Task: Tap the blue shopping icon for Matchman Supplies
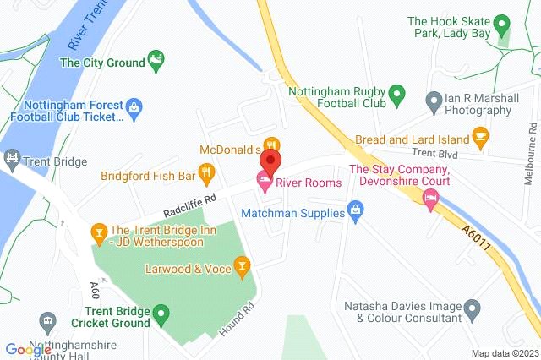tap(357, 209)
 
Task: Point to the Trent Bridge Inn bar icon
tap(99, 231)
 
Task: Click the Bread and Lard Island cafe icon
tap(480, 134)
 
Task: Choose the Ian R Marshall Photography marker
tap(434, 99)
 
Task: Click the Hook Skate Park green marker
tap(501, 24)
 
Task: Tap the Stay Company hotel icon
tap(430, 199)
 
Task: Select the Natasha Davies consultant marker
tap(473, 306)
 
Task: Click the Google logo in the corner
tap(25, 348)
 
